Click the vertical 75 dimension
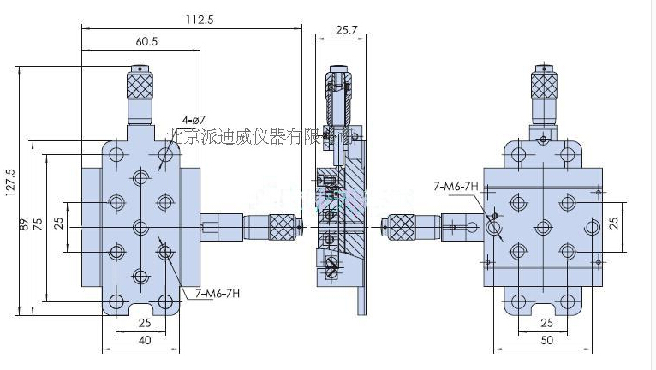tap(37, 225)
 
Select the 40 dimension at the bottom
tap(143, 341)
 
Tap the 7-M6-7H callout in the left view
tap(218, 293)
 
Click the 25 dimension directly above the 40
tap(143, 322)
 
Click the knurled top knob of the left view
tap(140, 84)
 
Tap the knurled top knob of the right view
tap(541, 84)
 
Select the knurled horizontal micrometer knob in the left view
tap(283, 225)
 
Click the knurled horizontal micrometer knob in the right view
tap(402, 226)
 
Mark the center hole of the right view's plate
tap(541, 227)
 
